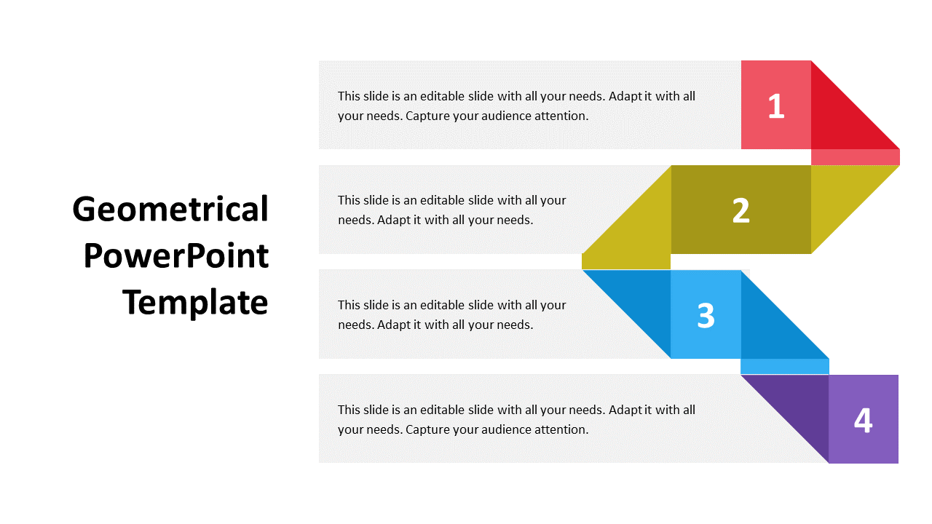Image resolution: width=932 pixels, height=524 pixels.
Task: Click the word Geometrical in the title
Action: tap(170, 210)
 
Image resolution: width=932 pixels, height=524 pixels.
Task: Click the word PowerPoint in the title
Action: tap(176, 256)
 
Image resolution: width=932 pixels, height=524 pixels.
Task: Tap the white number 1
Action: tap(776, 106)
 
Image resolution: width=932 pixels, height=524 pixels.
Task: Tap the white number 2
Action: tap(741, 210)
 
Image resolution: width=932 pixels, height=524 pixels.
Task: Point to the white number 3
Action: tap(706, 316)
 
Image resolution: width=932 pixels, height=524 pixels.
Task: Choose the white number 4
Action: tap(864, 421)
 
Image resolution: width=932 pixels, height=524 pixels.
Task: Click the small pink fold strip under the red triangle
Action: tap(856, 157)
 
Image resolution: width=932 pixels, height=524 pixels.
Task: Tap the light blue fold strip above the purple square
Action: tap(785, 367)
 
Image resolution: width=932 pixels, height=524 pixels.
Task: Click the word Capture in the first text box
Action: tap(427, 116)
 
